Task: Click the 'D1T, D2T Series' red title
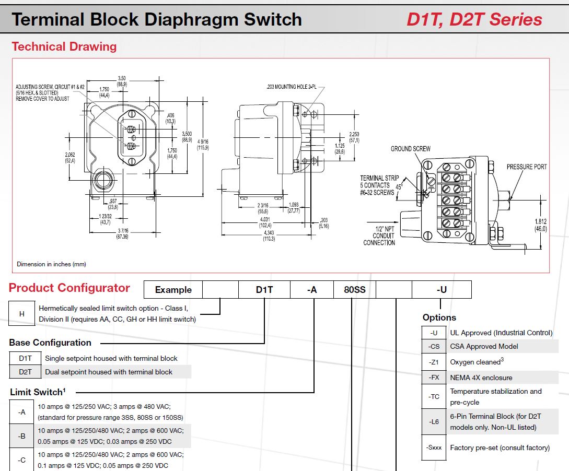click(474, 20)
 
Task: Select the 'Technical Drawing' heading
click(64, 46)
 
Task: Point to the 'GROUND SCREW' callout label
click(411, 149)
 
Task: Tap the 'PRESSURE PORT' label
click(527, 167)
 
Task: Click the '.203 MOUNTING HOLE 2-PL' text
click(291, 87)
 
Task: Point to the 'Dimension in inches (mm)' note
click(51, 264)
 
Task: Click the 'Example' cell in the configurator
click(173, 290)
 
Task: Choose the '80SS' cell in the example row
click(355, 290)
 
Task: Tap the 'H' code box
click(22, 314)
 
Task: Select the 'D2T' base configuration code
click(26, 372)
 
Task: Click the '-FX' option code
click(434, 378)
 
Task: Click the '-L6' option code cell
click(434, 421)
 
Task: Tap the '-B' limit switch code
click(22, 435)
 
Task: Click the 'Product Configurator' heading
click(69, 288)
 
